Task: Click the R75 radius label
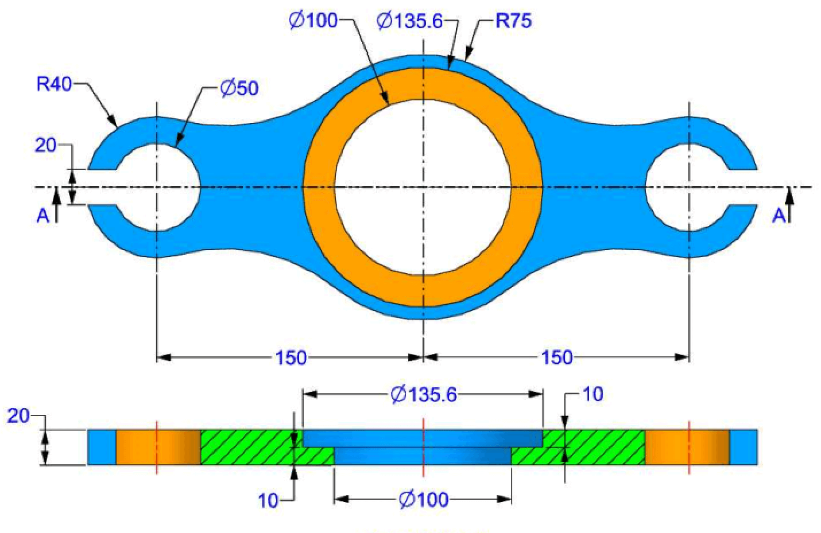[x=513, y=21]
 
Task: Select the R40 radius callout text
[x=54, y=84]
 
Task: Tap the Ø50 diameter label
[x=240, y=88]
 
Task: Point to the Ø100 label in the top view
[x=313, y=20]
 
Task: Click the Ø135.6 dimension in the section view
[x=424, y=395]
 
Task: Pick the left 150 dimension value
[x=291, y=357]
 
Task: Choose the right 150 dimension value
[x=557, y=357]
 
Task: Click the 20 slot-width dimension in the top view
[x=45, y=145]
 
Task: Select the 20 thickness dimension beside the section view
[x=18, y=416]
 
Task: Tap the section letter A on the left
[x=43, y=216]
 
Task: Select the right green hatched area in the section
[x=594, y=448]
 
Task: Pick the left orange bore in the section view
[x=158, y=448]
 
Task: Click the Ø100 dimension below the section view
[x=423, y=500]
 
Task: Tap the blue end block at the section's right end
[x=743, y=448]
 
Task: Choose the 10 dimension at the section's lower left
[x=268, y=500]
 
